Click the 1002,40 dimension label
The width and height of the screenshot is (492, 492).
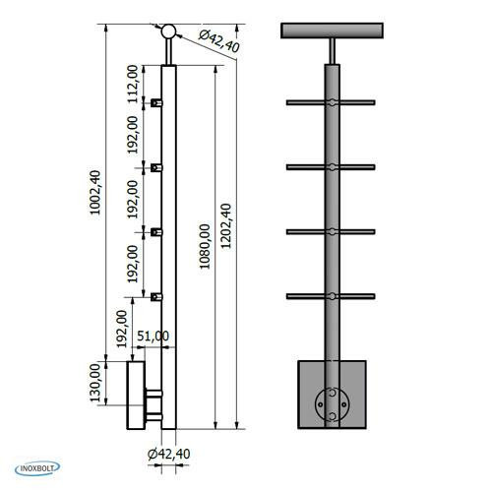click(95, 193)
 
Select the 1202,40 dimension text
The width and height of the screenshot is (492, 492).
click(225, 226)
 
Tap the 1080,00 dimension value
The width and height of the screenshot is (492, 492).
click(205, 247)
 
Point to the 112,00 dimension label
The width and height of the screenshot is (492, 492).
click(133, 84)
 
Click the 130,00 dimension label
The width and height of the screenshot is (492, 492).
click(95, 383)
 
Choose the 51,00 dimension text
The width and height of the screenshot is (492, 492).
click(153, 336)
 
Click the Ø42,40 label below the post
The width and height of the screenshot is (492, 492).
click(169, 454)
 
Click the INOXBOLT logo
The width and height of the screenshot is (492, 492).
click(37, 468)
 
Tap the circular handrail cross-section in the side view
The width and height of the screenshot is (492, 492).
click(168, 31)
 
